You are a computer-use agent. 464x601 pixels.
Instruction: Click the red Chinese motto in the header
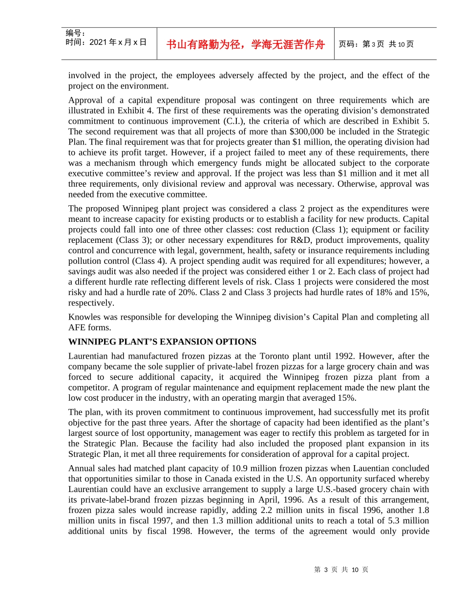[245, 44]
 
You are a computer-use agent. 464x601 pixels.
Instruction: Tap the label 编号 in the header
[75, 33]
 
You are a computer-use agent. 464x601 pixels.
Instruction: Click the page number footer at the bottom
[341, 570]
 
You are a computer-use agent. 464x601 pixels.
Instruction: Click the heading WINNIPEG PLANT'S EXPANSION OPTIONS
[162, 342]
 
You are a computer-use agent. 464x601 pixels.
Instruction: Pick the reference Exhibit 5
[413, 121]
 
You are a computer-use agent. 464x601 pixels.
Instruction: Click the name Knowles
[84, 317]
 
